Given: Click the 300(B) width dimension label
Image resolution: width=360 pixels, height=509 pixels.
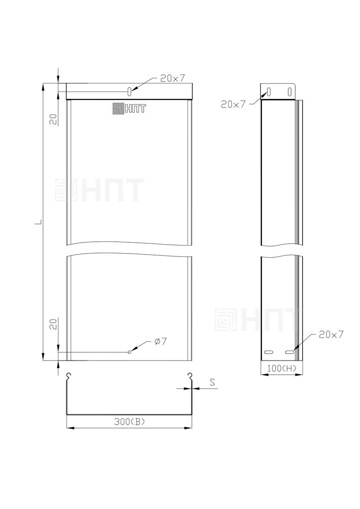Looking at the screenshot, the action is [x=129, y=422].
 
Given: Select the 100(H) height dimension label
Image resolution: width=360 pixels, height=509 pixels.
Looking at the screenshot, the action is [x=282, y=368].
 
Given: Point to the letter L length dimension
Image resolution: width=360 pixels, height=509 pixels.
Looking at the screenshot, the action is [x=38, y=222].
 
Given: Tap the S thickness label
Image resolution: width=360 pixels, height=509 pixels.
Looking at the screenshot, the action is [x=213, y=382].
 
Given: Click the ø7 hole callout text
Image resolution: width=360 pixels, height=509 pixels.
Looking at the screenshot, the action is [x=161, y=341].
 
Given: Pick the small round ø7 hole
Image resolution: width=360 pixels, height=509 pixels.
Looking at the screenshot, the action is [x=130, y=352].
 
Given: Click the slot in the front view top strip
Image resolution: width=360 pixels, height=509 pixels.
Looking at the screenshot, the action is [x=130, y=91].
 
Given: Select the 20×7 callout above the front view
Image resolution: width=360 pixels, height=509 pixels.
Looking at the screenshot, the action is [x=172, y=78].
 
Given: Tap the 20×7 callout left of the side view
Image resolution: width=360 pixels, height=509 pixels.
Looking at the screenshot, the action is [x=233, y=104].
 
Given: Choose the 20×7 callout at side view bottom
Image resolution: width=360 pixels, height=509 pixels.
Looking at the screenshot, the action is [x=331, y=334].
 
